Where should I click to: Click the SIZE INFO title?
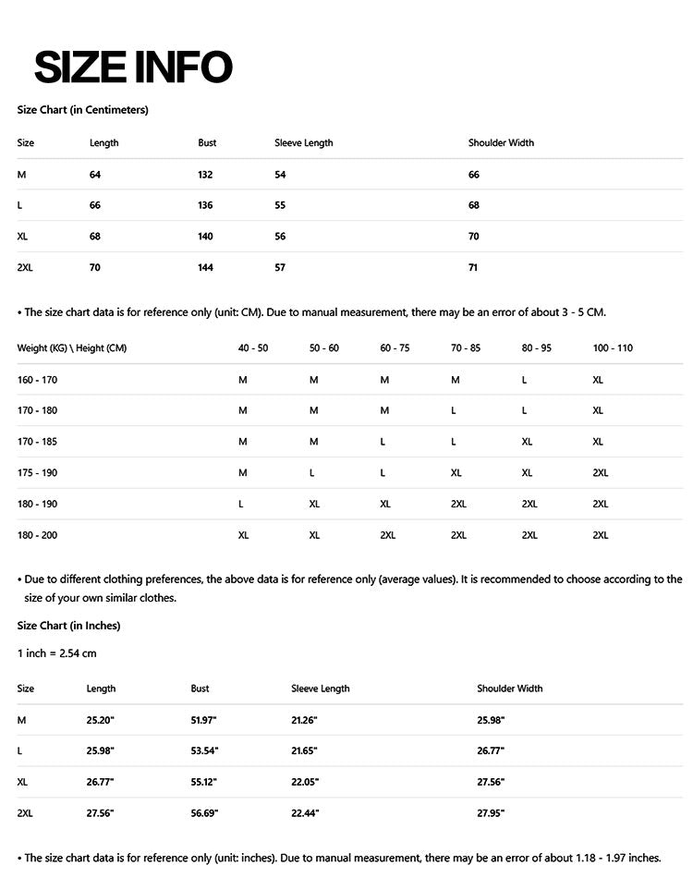pyautogui.click(x=133, y=67)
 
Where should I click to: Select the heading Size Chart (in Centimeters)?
pyautogui.click(x=83, y=110)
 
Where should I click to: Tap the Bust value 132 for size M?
pyautogui.click(x=205, y=175)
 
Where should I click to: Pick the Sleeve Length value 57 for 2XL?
pyautogui.click(x=280, y=268)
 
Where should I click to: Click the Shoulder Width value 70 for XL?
pyautogui.click(x=474, y=237)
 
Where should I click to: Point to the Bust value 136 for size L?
pyautogui.click(x=205, y=205)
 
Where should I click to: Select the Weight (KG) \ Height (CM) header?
pyautogui.click(x=72, y=348)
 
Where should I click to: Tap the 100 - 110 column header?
pyautogui.click(x=613, y=348)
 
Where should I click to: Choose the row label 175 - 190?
pyautogui.click(x=37, y=473)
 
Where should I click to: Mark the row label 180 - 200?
pyautogui.click(x=37, y=535)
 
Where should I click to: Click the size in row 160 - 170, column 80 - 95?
pyautogui.click(x=525, y=380)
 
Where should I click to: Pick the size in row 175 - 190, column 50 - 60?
pyautogui.click(x=312, y=473)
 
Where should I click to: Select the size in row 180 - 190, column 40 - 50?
pyautogui.click(x=241, y=505)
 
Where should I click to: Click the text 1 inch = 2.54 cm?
pyautogui.click(x=57, y=653)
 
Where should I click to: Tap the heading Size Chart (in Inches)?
pyautogui.click(x=69, y=626)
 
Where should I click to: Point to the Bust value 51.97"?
pyautogui.click(x=204, y=720)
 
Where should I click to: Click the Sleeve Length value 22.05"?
pyautogui.click(x=305, y=782)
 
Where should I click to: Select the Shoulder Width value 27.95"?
pyautogui.click(x=491, y=813)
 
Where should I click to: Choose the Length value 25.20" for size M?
pyautogui.click(x=101, y=720)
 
